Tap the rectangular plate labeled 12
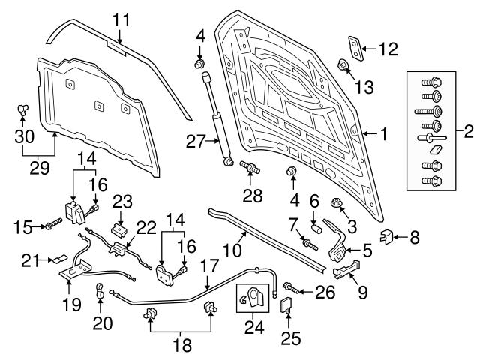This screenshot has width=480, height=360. coord(354,46)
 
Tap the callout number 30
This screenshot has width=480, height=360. coord(24,136)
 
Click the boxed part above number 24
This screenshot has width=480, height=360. coord(252,298)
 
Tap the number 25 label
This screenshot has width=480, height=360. coord(289,336)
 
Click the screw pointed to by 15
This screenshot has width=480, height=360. coord(52,223)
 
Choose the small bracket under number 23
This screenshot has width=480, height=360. coord(119,228)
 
